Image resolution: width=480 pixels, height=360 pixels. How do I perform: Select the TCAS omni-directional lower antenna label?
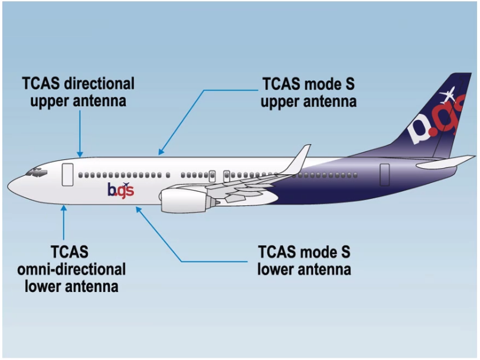71,269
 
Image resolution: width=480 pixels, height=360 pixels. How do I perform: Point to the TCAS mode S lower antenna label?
305,261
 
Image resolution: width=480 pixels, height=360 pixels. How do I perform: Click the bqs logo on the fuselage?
120,189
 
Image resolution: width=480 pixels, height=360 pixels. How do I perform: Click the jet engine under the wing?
183,201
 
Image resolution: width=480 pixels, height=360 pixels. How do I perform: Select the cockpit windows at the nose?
36,173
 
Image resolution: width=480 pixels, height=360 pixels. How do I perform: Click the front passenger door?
67,175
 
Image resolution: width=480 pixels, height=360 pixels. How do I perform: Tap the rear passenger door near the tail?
384,175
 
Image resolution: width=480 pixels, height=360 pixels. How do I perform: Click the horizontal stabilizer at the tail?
445,162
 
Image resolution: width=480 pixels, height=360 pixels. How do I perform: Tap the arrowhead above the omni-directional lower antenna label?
64,206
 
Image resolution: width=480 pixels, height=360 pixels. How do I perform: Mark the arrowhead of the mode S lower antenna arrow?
138,207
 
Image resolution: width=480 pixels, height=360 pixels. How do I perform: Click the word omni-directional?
71,270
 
